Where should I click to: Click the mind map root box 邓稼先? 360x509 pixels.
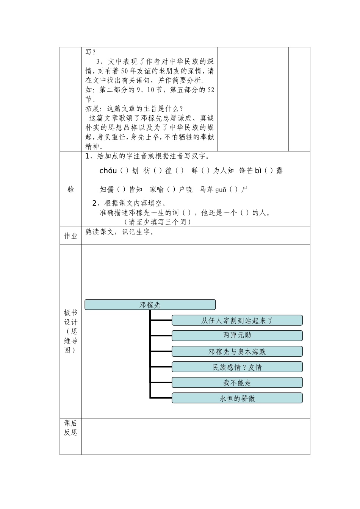click(150, 305)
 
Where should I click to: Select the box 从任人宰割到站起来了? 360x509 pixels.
click(237, 320)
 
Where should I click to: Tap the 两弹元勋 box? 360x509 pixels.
click(237, 336)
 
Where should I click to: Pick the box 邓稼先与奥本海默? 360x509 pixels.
click(237, 351)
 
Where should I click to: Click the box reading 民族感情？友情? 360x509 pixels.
click(237, 367)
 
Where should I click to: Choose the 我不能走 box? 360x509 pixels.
click(237, 383)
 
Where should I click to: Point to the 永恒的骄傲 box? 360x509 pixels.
click(237, 398)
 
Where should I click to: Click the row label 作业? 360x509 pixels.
click(70, 236)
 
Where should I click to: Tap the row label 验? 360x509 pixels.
click(70, 189)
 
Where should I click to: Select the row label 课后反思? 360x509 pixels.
click(70, 428)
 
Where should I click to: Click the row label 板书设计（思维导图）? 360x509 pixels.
click(70, 331)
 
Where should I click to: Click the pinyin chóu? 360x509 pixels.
click(108, 170)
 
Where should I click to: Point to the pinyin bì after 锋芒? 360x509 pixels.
click(258, 170)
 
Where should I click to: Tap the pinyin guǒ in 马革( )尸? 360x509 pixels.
click(221, 189)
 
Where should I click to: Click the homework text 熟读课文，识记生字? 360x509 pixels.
click(120, 232)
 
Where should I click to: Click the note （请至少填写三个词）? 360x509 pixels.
click(157, 222)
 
